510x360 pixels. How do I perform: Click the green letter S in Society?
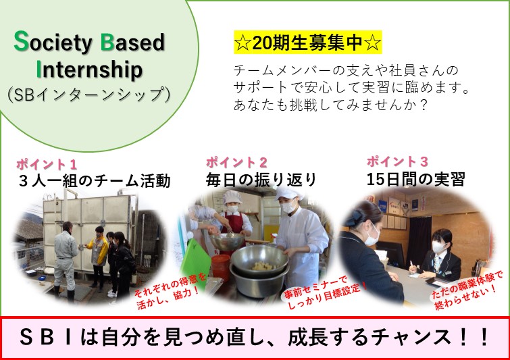tap(21, 41)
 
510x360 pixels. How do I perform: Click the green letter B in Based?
tap(107, 42)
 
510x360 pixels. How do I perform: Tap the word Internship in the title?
tap(89, 70)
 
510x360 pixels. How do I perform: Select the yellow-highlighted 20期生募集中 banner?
tap(308, 43)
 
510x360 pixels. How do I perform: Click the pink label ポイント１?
tap(47, 164)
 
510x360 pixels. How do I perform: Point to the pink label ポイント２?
tap(236, 162)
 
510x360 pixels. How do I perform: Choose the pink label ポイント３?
tap(397, 161)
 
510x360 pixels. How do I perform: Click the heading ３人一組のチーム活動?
tap(95, 181)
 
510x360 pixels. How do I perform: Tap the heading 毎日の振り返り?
tap(261, 180)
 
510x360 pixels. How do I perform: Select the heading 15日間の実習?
tap(416, 179)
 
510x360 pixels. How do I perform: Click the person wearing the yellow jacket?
tap(99, 257)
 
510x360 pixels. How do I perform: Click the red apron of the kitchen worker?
tap(234, 226)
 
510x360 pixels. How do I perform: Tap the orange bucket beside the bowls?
tap(221, 267)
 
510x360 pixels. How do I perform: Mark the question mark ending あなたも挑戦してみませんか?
tap(422, 105)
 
